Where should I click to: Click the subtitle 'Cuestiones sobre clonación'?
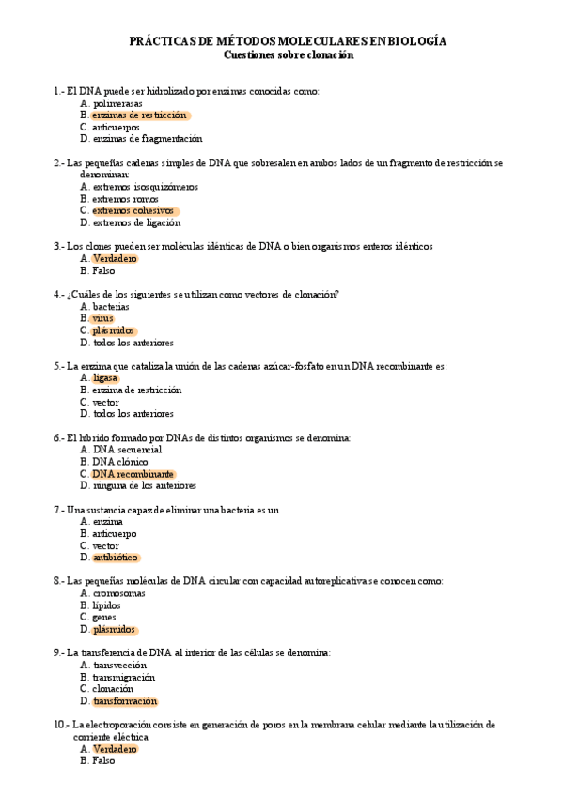[x=288, y=54]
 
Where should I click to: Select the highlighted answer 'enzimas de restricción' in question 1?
[x=140, y=115]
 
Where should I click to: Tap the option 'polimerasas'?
[x=118, y=103]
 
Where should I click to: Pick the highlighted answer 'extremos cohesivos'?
[x=133, y=211]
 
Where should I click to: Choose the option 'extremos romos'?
[x=125, y=199]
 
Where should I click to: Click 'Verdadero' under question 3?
[x=115, y=259]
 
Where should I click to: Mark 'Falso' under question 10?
[x=103, y=761]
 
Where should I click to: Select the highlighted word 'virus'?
[x=102, y=319]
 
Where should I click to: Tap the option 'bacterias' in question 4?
[x=111, y=307]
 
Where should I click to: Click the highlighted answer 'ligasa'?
[x=105, y=378]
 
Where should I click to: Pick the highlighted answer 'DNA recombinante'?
[x=133, y=474]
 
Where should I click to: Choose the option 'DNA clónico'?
[x=119, y=462]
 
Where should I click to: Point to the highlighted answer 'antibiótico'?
[x=116, y=558]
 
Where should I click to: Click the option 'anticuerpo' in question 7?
[x=117, y=533]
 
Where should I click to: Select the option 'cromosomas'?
[x=118, y=593]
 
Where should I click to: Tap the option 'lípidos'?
[x=108, y=605]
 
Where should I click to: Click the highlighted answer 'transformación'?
[x=125, y=701]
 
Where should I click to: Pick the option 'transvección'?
[x=119, y=665]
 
